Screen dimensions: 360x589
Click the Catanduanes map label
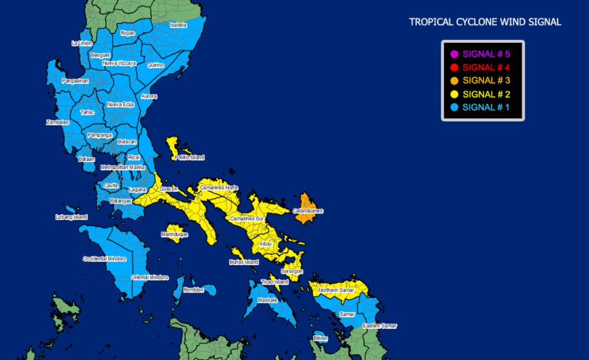pyautogui.click(x=308, y=210)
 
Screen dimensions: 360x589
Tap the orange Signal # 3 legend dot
pyautogui.click(x=454, y=81)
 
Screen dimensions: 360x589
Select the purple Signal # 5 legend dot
pyautogui.click(x=454, y=54)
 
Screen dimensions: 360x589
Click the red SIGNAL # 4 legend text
pyautogui.click(x=486, y=67)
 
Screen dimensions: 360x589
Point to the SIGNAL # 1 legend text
pyautogui.click(x=486, y=107)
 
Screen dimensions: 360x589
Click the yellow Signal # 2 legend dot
pyautogui.click(x=454, y=94)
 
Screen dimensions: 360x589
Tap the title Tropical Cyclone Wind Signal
pyautogui.click(x=485, y=22)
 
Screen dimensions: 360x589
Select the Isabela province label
pyautogui.click(x=178, y=25)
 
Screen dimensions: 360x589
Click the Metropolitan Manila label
pyautogui.click(x=123, y=167)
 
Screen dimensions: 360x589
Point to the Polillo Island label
pyautogui.click(x=189, y=158)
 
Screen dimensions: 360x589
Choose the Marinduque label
pyautogui.click(x=174, y=235)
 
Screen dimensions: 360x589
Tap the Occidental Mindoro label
pyautogui.click(x=104, y=259)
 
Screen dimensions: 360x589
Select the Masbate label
pyautogui.click(x=268, y=300)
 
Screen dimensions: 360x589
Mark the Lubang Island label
pyautogui.click(x=72, y=217)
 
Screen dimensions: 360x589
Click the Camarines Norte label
pyautogui.click(x=219, y=188)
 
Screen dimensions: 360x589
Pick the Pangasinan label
pyautogui.click(x=75, y=81)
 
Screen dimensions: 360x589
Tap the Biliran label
pyautogui.click(x=320, y=338)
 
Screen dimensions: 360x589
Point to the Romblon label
pyautogui.click(x=193, y=290)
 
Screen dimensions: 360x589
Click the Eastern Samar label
pyautogui.click(x=380, y=326)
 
